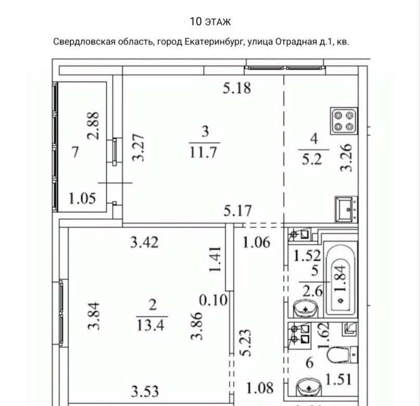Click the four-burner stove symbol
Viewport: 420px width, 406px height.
pyautogui.click(x=344, y=121)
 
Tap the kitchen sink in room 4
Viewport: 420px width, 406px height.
pyautogui.click(x=346, y=209)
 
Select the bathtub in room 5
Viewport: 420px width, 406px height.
pyautogui.click(x=340, y=278)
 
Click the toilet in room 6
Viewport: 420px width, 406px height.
pyautogui.click(x=342, y=354)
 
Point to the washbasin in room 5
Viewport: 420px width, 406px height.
pyautogui.click(x=306, y=309)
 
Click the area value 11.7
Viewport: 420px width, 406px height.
pyautogui.click(x=203, y=153)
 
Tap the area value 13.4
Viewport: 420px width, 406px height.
pyautogui.click(x=150, y=325)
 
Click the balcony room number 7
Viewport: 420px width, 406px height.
pyautogui.click(x=75, y=152)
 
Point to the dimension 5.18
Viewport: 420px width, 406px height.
pyautogui.click(x=237, y=88)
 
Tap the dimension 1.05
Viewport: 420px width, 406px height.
pyautogui.click(x=82, y=199)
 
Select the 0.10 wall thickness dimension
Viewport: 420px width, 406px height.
pyautogui.click(x=213, y=300)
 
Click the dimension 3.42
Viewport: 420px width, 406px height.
pyautogui.click(x=144, y=243)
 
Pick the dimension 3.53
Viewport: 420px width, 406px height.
pyautogui.click(x=145, y=391)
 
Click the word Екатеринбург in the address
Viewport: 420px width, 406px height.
pyautogui.click(x=215, y=42)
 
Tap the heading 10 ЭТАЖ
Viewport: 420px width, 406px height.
pyautogui.click(x=210, y=22)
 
